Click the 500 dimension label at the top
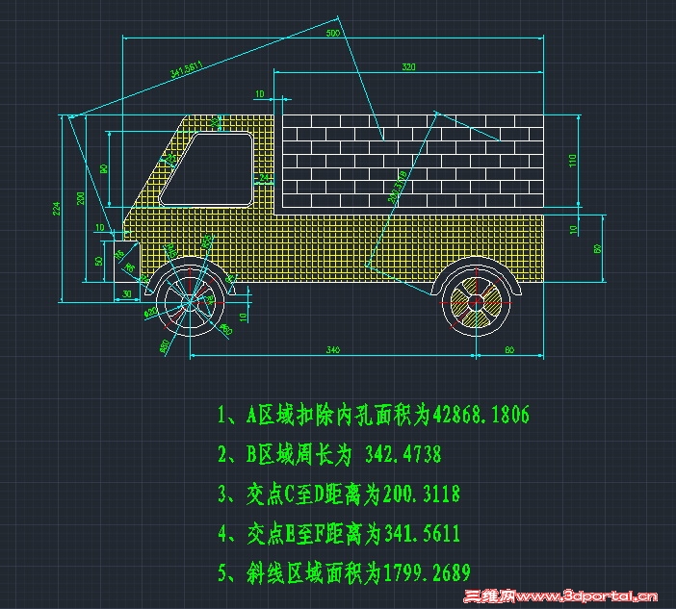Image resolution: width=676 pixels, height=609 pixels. pyautogui.click(x=333, y=34)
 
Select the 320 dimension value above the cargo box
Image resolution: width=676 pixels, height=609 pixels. pyautogui.click(x=408, y=67)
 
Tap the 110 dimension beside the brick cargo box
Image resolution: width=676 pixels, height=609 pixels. pyautogui.click(x=571, y=160)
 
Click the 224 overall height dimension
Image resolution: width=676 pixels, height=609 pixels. pyautogui.click(x=58, y=208)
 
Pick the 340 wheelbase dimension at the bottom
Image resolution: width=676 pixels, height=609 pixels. pyautogui.click(x=332, y=348)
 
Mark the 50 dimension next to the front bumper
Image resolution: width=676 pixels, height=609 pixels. pyautogui.click(x=98, y=260)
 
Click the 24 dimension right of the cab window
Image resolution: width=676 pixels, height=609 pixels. pyautogui.click(x=266, y=178)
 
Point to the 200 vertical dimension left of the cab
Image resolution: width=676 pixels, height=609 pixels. pyautogui.click(x=81, y=198)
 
